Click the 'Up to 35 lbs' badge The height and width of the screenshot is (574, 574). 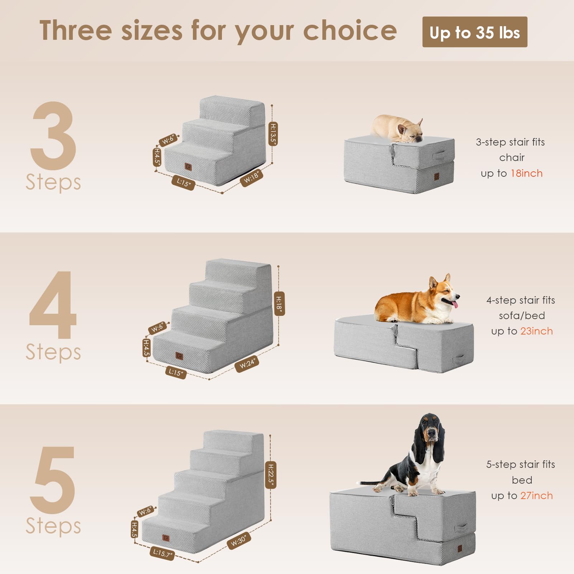point(474,32)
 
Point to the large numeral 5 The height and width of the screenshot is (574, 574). point(53,480)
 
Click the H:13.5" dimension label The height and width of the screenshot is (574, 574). point(273,134)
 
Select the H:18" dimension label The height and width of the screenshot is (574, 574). point(279,304)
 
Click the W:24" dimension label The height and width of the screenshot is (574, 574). point(247,364)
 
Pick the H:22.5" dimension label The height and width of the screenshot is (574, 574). point(271,475)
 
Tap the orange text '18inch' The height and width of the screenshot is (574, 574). point(526,174)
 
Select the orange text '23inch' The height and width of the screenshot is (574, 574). point(536,331)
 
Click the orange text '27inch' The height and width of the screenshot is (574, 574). point(536,496)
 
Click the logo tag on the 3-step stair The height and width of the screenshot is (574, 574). point(188,167)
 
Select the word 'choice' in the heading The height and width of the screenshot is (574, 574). point(350,31)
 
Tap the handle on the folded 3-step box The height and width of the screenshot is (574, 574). point(439,156)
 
